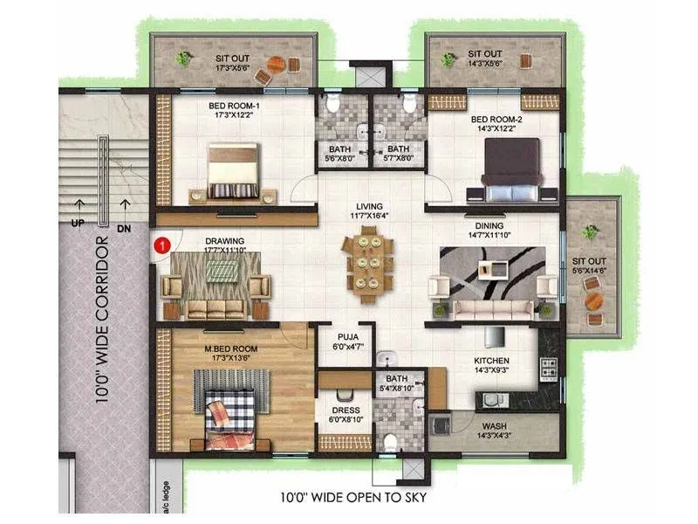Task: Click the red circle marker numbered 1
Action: coord(161,245)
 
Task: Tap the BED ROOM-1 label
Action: coord(234,106)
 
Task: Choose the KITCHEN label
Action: coord(491,361)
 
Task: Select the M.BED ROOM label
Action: coord(233,348)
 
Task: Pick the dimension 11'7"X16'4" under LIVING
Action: coord(367,215)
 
